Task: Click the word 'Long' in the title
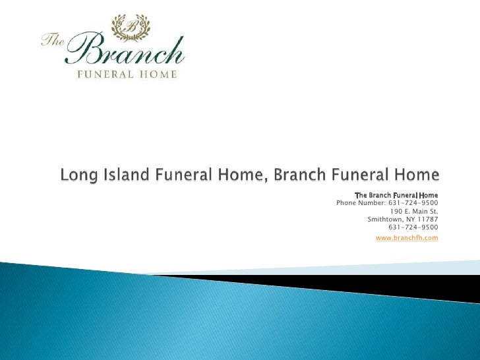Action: click(78, 176)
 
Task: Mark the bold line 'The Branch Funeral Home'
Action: click(396, 195)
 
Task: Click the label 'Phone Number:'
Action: click(359, 203)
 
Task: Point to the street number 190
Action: click(396, 212)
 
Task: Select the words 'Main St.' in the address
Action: click(425, 212)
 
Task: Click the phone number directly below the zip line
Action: click(413, 227)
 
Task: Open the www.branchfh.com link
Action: click(407, 237)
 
